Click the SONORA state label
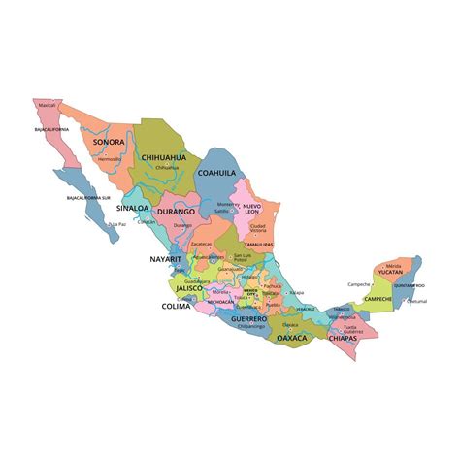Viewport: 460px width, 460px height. pyautogui.click(x=109, y=142)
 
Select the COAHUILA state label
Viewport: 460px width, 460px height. pyautogui.click(x=216, y=173)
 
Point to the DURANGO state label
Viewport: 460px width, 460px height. pyautogui.click(x=177, y=211)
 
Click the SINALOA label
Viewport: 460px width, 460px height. pyautogui.click(x=132, y=208)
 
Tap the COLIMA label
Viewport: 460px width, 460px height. pyautogui.click(x=176, y=307)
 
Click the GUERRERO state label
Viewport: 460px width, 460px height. pyautogui.click(x=249, y=318)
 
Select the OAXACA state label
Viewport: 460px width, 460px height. pyautogui.click(x=291, y=338)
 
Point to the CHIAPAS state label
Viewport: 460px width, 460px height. pyautogui.click(x=343, y=339)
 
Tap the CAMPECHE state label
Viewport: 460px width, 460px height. pyautogui.click(x=378, y=299)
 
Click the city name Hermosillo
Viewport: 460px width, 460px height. pyautogui.click(x=109, y=158)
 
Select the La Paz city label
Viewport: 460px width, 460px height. pyautogui.click(x=116, y=224)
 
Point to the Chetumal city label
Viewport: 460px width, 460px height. pyautogui.click(x=415, y=302)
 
